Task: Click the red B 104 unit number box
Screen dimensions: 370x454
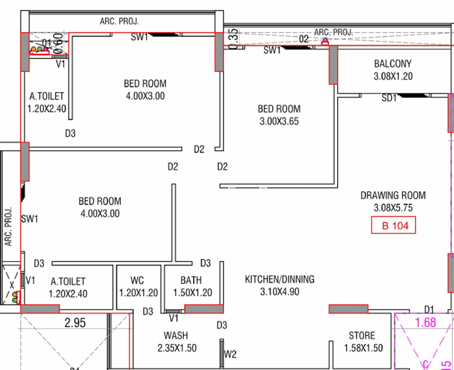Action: tap(394, 226)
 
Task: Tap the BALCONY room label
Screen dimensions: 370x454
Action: tap(393, 64)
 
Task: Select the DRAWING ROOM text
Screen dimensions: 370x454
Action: tap(393, 196)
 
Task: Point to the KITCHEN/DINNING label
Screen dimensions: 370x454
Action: tap(279, 280)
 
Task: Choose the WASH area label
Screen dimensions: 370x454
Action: tap(176, 336)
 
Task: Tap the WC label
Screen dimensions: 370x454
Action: tap(137, 280)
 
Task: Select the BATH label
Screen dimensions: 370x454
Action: tap(191, 280)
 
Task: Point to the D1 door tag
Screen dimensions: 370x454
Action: tap(429, 309)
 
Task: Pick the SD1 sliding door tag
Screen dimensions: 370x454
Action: tap(389, 98)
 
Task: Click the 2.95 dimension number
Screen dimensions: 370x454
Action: tap(75, 323)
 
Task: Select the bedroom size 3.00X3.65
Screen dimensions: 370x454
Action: tap(279, 121)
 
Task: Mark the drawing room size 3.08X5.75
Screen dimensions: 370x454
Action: tap(393, 208)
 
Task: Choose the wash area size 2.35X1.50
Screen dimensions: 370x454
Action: tap(176, 348)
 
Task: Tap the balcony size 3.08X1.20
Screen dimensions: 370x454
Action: tap(393, 76)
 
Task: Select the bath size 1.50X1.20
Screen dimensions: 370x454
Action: tap(192, 293)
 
